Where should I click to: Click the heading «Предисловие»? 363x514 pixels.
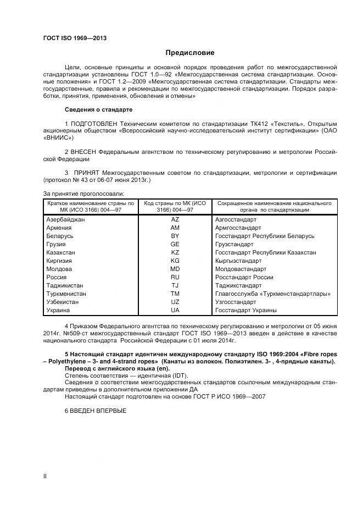[190, 53]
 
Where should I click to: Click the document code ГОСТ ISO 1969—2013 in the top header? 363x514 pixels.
[75, 38]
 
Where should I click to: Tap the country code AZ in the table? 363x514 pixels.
[175, 219]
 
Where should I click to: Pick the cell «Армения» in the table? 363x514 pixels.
[59, 228]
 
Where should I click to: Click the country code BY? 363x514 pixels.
[175, 236]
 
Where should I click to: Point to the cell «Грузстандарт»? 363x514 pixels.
[234, 244]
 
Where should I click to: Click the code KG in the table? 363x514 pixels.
[175, 261]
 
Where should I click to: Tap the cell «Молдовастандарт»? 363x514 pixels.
[241, 269]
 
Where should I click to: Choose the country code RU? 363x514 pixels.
[175, 278]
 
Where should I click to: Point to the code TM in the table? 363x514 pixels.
[175, 294]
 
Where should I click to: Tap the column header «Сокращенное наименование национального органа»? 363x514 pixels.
[273, 207]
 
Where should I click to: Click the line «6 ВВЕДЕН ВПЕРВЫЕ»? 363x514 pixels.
[96, 411]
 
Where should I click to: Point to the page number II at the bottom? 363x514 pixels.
[45, 476]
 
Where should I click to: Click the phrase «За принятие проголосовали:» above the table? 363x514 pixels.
[83, 194]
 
